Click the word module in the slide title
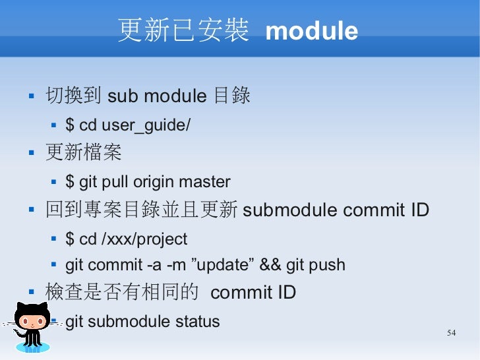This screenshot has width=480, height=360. pyautogui.click(x=311, y=31)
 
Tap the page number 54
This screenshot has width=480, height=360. pyautogui.click(x=451, y=332)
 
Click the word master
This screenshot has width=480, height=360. pyautogui.click(x=204, y=182)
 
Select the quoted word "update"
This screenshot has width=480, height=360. pyautogui.click(x=222, y=265)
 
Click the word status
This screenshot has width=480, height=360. pyautogui.click(x=197, y=322)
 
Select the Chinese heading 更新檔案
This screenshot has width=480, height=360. pyautogui.click(x=83, y=153)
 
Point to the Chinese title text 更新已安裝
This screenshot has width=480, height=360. pyautogui.click(x=183, y=30)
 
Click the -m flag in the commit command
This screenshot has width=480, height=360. pyautogui.click(x=175, y=265)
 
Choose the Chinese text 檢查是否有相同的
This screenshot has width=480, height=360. pyautogui.click(x=121, y=292)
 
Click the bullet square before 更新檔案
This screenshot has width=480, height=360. pyautogui.click(x=30, y=154)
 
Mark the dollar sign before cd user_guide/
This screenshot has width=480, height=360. pyautogui.click(x=70, y=125)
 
